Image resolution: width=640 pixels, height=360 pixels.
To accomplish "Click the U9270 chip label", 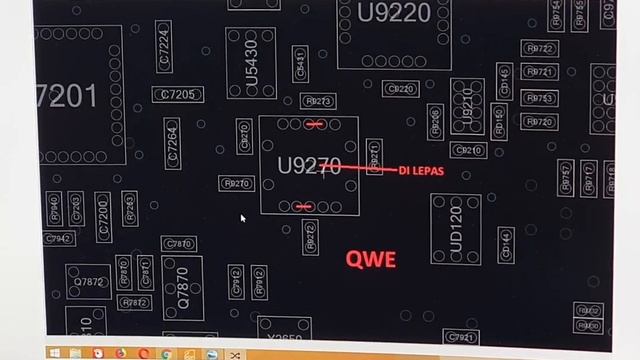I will [x=309, y=166].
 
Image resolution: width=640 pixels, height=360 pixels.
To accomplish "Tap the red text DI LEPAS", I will [x=421, y=171].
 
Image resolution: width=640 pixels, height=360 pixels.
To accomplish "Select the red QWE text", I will [x=371, y=259].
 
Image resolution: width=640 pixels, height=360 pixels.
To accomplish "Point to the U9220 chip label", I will [x=394, y=13].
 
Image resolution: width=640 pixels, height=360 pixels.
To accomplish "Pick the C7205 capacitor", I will [x=178, y=95].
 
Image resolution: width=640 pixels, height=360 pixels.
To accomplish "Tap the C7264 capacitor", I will [x=173, y=143].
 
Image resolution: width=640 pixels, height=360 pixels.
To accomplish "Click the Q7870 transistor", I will [x=183, y=287].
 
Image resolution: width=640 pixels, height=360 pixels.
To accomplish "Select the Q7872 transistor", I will [x=89, y=282].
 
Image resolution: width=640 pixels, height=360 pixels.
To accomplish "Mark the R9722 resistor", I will [x=539, y=49].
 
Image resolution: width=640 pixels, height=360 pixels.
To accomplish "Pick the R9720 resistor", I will [x=538, y=122].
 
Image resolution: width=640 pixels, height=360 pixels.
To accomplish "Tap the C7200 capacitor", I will [x=103, y=217].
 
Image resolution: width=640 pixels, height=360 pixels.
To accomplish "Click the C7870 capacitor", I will [x=178, y=244].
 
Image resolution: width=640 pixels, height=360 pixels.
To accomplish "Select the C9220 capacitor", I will [x=400, y=90].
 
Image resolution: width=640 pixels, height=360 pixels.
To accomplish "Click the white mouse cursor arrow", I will [x=242, y=217].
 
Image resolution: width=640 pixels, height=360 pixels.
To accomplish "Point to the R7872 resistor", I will [x=135, y=302].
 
